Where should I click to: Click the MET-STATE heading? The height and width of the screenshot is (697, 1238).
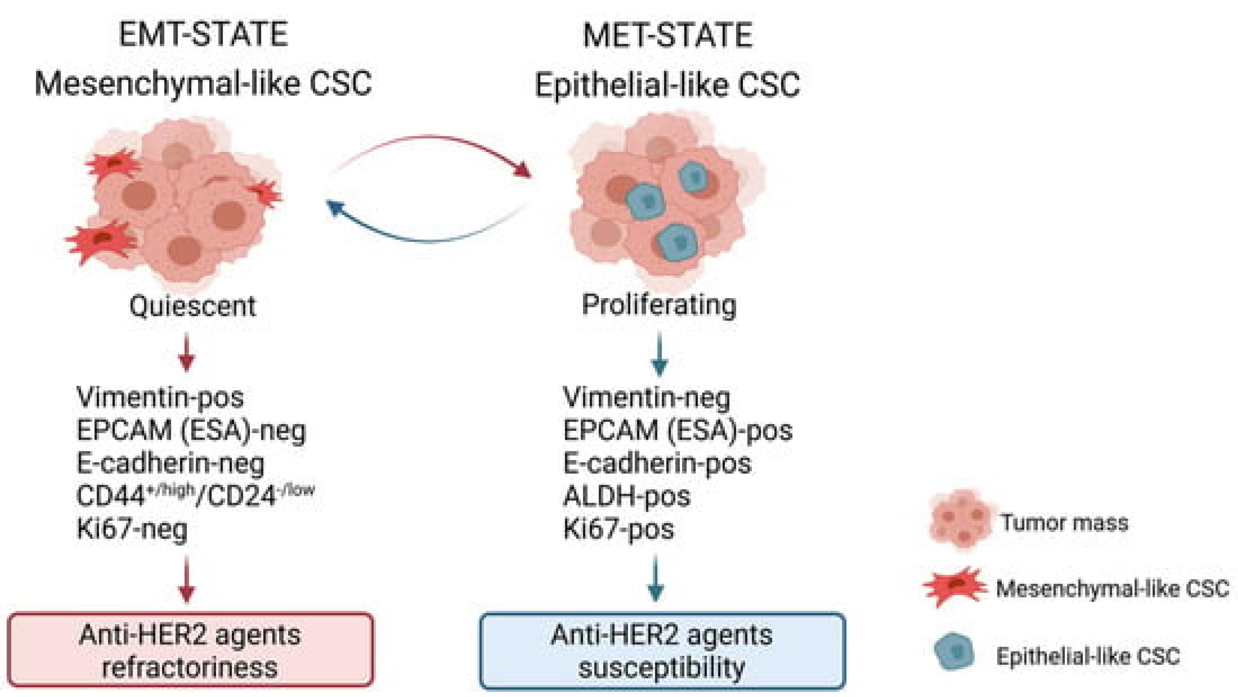(x=668, y=35)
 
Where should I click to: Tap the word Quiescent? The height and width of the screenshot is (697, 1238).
(x=193, y=306)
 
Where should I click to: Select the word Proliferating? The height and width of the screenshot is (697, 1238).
(x=659, y=304)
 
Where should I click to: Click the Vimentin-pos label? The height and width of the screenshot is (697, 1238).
(x=160, y=397)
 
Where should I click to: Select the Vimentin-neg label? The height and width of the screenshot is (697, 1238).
(x=647, y=397)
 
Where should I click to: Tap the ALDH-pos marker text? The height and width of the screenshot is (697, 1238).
(x=627, y=496)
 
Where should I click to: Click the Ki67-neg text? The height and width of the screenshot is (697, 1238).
(x=132, y=529)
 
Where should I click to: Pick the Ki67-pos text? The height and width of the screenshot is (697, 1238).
(x=618, y=529)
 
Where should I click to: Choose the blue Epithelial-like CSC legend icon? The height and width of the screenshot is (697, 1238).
(x=954, y=653)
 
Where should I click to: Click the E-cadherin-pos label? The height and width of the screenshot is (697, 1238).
(x=657, y=463)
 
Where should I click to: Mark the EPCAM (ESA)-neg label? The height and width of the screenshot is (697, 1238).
(x=191, y=430)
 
